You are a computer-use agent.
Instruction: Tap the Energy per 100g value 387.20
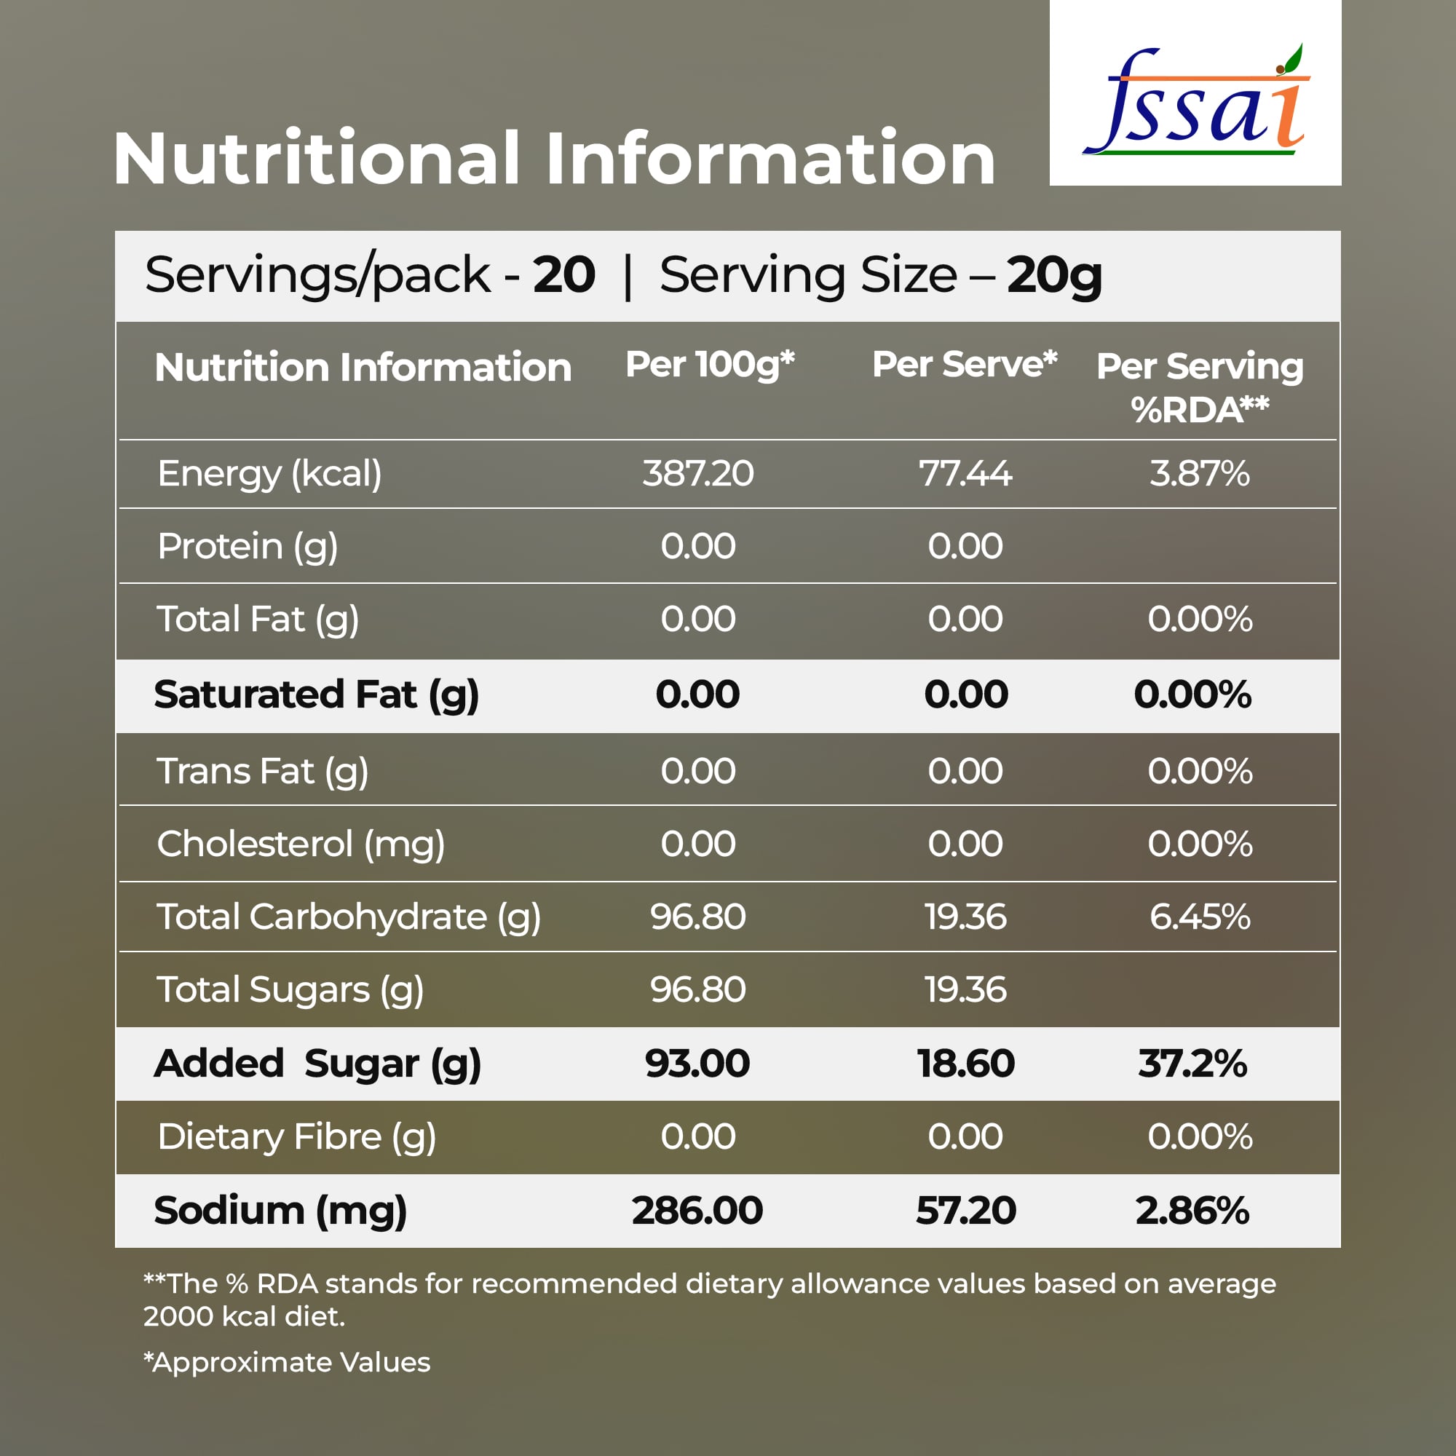pos(698,474)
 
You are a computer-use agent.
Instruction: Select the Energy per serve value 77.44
pos(965,474)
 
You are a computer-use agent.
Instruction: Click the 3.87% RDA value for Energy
pos(1199,474)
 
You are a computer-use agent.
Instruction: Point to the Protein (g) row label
pos(248,547)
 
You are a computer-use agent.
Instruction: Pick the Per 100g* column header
pos(710,365)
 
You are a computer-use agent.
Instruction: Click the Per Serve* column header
pos(965,365)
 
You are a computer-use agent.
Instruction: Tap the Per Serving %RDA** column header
pos(1200,387)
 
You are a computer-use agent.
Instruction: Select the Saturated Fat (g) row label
pos(316,695)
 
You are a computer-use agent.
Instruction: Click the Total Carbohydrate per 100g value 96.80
pos(698,917)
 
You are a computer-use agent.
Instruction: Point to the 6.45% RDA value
pos(1199,917)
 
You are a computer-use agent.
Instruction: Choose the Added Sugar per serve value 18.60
pos(965,1064)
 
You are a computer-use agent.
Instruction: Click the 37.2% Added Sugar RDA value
pos(1192,1064)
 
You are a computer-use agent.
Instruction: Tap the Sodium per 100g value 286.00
pos(697,1211)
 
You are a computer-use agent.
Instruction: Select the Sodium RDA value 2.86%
pos(1192,1211)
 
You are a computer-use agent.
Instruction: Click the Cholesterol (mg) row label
pos(301,844)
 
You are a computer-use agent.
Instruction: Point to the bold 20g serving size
pos(1054,276)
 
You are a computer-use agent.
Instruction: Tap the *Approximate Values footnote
pos(287,1362)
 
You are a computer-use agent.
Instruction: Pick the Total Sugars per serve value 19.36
pos(965,989)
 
